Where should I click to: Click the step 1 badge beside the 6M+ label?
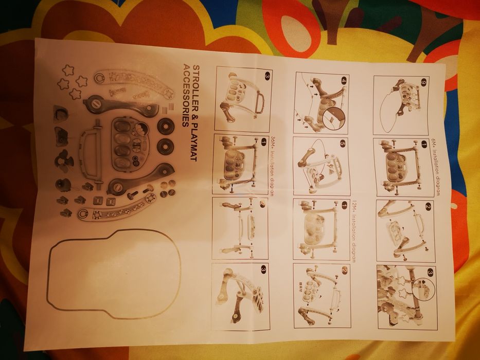coord(424,145)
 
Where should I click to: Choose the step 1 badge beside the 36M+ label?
coord(263,141)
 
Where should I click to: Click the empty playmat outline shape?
coord(113,270)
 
